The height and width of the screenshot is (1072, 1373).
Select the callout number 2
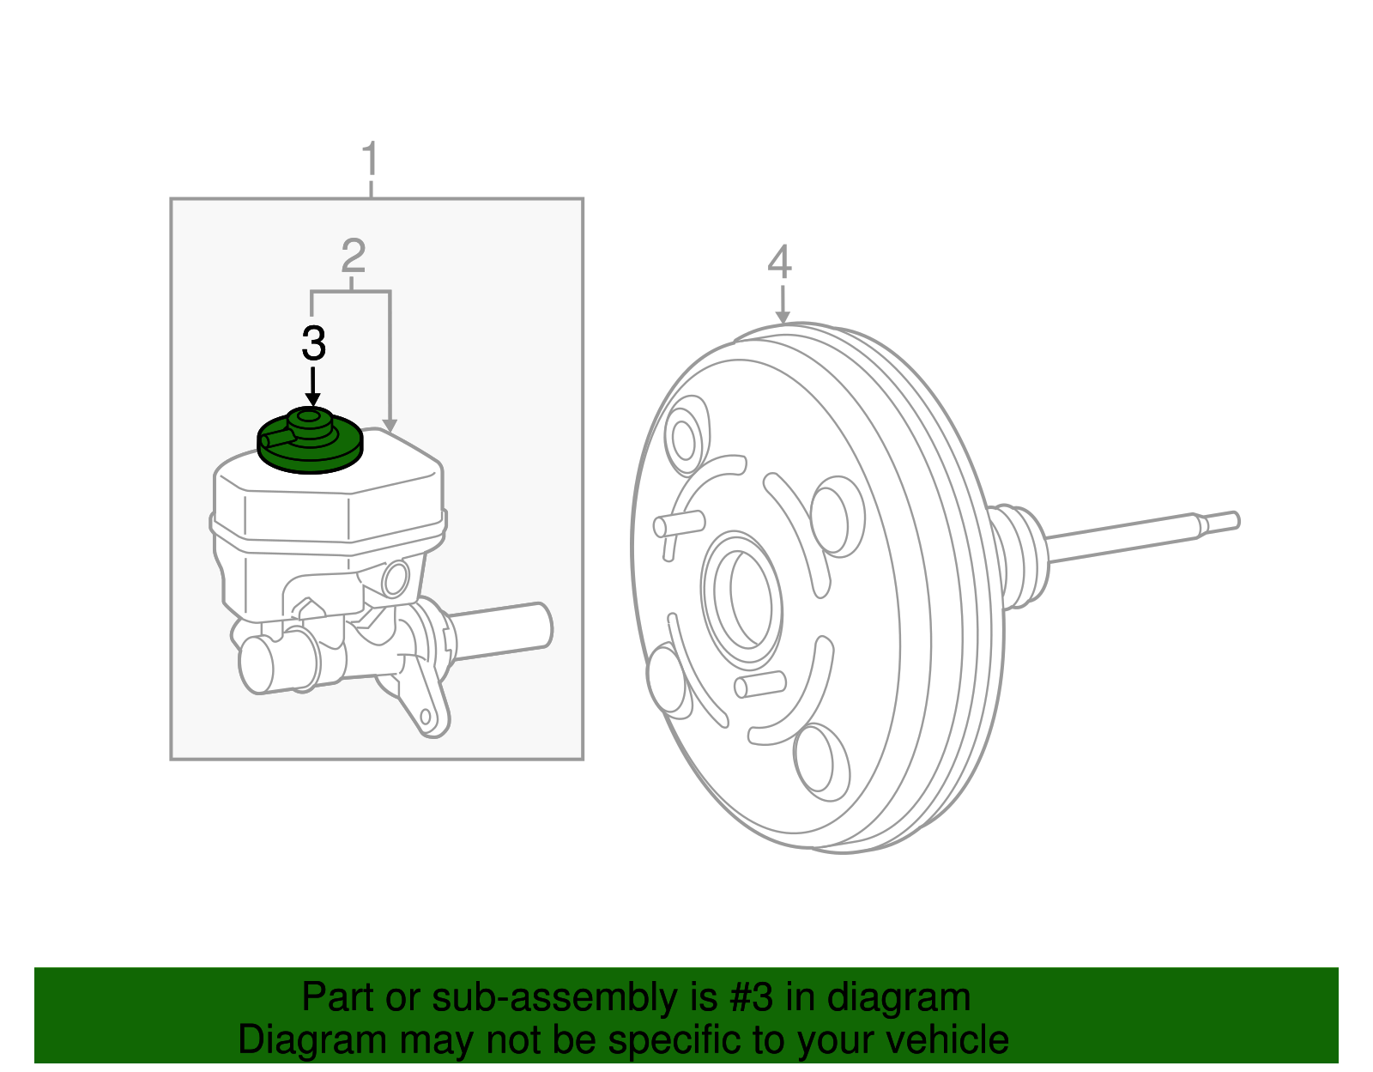(x=353, y=256)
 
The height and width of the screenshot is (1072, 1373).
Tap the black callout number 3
(x=314, y=344)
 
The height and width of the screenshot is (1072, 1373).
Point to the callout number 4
(x=779, y=262)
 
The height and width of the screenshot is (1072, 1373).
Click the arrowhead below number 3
(x=313, y=399)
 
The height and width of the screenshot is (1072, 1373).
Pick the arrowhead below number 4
(x=782, y=318)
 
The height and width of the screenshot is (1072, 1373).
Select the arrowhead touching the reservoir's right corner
(x=390, y=426)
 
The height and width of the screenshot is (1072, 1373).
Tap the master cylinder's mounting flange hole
(x=426, y=716)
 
